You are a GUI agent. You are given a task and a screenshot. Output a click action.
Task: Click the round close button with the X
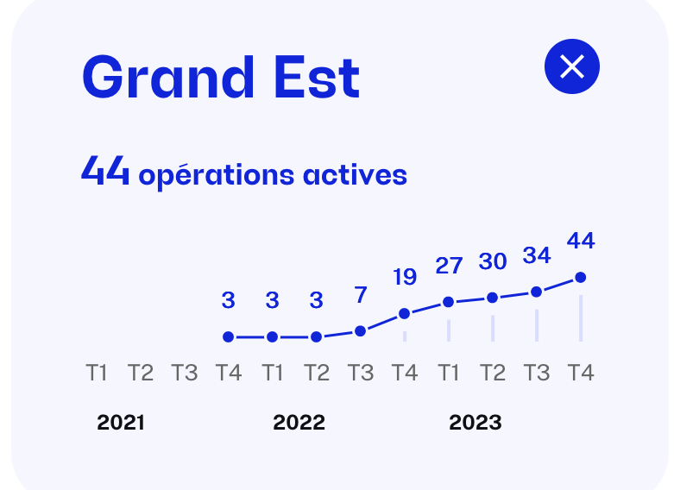[571, 66]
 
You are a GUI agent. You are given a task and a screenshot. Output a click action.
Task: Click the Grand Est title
[221, 78]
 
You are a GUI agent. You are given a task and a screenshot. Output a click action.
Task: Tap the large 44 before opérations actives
[105, 170]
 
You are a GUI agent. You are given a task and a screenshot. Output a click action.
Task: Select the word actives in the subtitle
[355, 175]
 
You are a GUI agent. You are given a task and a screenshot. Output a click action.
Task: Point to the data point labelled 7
[360, 331]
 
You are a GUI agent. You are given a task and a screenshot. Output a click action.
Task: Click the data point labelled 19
[404, 314]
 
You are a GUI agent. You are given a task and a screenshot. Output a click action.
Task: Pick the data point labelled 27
[449, 302]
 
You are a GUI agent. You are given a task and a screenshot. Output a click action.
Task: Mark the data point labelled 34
[537, 292]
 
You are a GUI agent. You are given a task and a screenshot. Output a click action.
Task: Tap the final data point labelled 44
[580, 277]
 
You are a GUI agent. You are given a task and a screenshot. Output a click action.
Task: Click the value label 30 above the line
[493, 261]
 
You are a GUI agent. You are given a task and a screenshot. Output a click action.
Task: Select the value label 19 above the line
[405, 277]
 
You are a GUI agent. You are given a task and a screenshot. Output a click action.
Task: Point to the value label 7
[361, 295]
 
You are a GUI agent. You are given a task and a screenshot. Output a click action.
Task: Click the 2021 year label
[121, 422]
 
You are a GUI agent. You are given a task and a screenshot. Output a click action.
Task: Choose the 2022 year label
[299, 422]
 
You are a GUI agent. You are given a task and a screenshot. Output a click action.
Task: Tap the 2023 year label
[476, 422]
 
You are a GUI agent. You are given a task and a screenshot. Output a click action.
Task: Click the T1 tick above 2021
[97, 372]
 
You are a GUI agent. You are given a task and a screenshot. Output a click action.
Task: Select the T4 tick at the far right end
[581, 372]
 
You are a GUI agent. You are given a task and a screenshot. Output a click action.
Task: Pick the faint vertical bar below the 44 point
[581, 318]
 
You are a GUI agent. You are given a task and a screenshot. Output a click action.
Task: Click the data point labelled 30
[492, 298]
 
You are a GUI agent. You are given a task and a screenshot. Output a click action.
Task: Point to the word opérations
[217, 176]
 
